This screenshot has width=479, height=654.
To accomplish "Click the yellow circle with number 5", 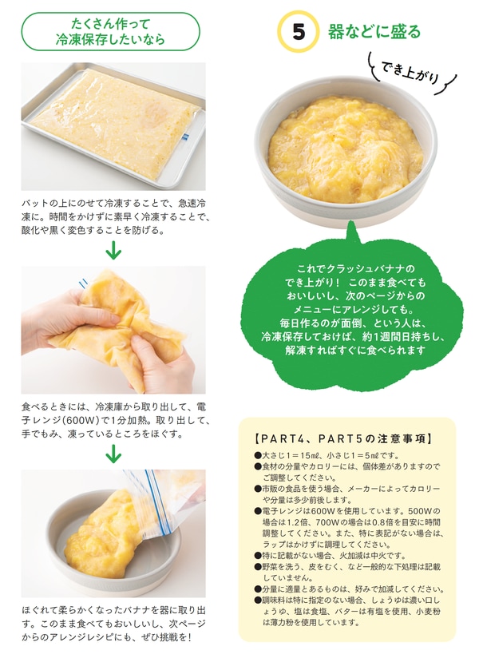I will (x=298, y=33).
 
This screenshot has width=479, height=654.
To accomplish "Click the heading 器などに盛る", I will (x=374, y=33).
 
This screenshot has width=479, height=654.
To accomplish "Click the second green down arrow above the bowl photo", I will (x=113, y=453).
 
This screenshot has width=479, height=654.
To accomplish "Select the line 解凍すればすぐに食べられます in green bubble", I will (x=349, y=351).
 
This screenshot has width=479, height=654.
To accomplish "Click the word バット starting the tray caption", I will (x=36, y=204).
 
